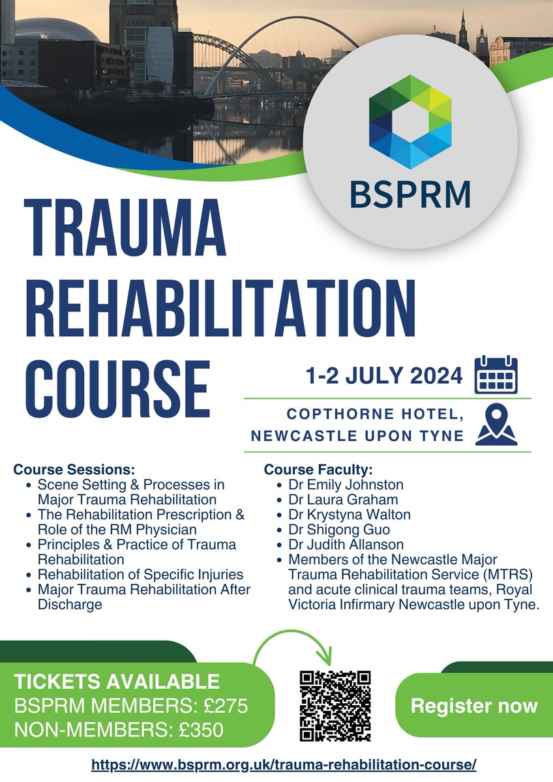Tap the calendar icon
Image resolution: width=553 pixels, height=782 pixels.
[x=496, y=375]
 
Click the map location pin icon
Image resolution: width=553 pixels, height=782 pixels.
[x=496, y=425]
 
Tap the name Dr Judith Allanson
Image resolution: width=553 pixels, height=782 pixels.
[x=344, y=545]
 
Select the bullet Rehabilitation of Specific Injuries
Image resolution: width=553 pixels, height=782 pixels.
[x=140, y=575]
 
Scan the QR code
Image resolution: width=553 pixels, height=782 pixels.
[x=335, y=706]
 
